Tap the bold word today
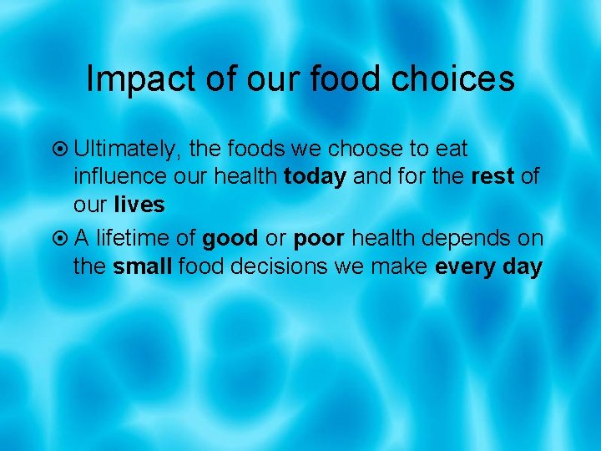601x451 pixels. point(315,178)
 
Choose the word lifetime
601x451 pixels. point(134,239)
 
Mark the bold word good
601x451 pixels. point(230,239)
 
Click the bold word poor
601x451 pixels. point(319,239)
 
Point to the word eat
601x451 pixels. point(451,149)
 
